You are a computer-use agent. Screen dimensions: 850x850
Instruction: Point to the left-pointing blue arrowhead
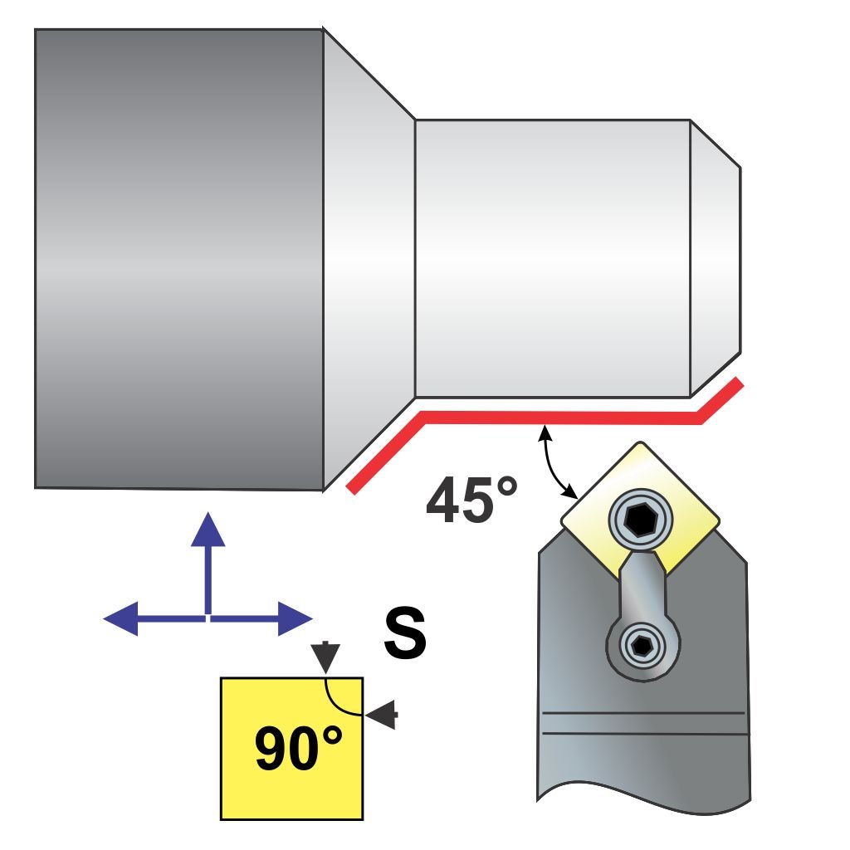(121, 618)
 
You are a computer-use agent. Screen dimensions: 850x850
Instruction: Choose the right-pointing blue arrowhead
(294, 618)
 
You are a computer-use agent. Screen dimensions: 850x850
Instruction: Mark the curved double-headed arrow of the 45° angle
(554, 462)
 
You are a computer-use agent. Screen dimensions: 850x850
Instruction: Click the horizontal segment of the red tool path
(564, 417)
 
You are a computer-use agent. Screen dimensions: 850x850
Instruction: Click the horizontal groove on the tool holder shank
(643, 723)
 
